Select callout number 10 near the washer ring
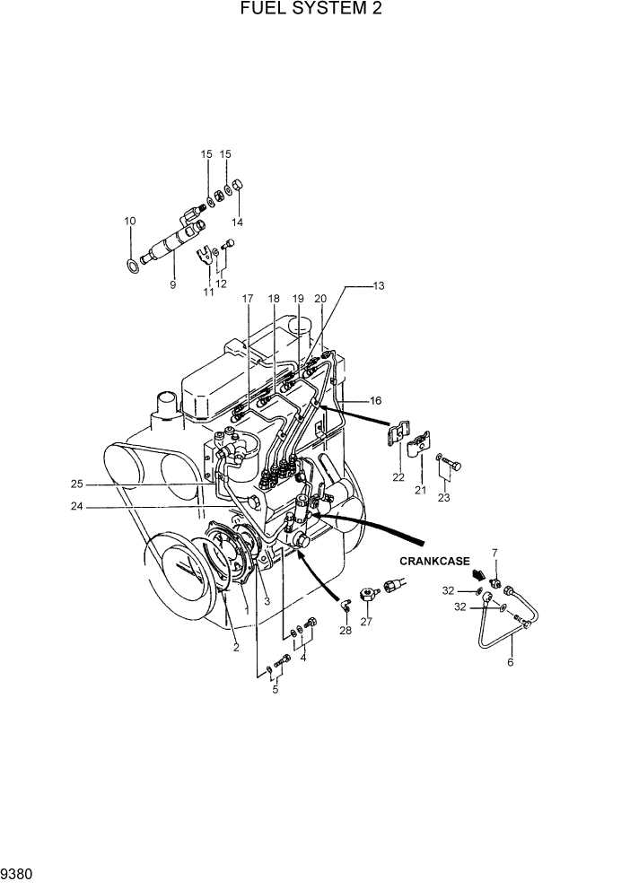tap(130, 221)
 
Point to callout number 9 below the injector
tap(172, 284)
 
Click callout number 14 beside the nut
tap(238, 222)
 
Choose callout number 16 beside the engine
tap(375, 400)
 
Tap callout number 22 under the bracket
tap(398, 476)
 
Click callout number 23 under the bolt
tap(443, 497)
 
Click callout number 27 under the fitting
tap(366, 621)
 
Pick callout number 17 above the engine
tap(249, 298)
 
